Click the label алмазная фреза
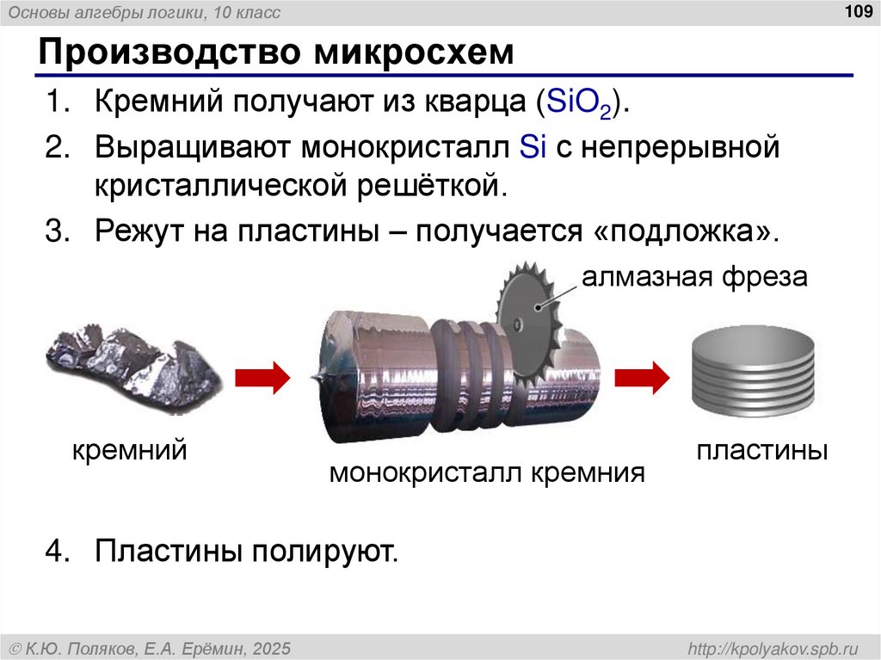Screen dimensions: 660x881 pos(694,278)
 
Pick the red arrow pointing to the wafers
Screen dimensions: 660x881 pos(642,377)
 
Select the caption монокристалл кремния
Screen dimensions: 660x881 pos(487,472)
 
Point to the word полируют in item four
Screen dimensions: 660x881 pos(325,550)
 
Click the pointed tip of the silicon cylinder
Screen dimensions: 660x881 pos(317,377)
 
